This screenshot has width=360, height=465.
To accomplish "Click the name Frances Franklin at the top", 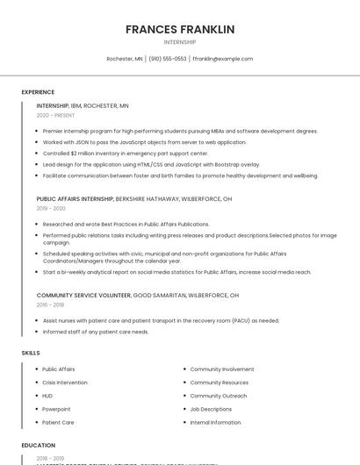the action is pyautogui.click(x=180, y=29).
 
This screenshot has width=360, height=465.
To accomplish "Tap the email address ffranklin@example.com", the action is pyautogui.click(x=222, y=59).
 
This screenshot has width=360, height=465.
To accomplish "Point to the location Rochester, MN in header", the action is pyautogui.click(x=125, y=59).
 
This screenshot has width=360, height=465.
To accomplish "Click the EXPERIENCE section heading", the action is pyautogui.click(x=38, y=92).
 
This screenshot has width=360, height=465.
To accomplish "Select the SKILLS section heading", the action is pyautogui.click(x=31, y=353).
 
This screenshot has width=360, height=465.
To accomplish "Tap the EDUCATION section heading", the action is pyautogui.click(x=39, y=446).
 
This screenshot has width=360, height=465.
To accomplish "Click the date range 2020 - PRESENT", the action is pyautogui.click(x=55, y=115).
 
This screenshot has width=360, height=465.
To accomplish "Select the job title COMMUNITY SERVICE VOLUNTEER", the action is pyautogui.click(x=83, y=296).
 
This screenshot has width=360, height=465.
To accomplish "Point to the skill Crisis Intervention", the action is pyautogui.click(x=65, y=383).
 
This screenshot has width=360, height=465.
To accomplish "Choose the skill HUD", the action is pyautogui.click(x=47, y=396).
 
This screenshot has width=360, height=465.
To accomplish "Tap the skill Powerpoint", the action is pyautogui.click(x=56, y=409).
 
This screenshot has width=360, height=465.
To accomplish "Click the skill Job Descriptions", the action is pyautogui.click(x=211, y=409).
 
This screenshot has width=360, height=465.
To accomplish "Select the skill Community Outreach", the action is pyautogui.click(x=218, y=396).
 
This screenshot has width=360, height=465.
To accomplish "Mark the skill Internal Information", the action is pyautogui.click(x=215, y=422).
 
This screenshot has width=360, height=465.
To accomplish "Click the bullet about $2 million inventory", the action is pyautogui.click(x=125, y=153).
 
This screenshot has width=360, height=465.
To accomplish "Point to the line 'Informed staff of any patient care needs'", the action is pyautogui.click(x=96, y=332).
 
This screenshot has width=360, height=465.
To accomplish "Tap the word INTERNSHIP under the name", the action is pyautogui.click(x=180, y=42).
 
